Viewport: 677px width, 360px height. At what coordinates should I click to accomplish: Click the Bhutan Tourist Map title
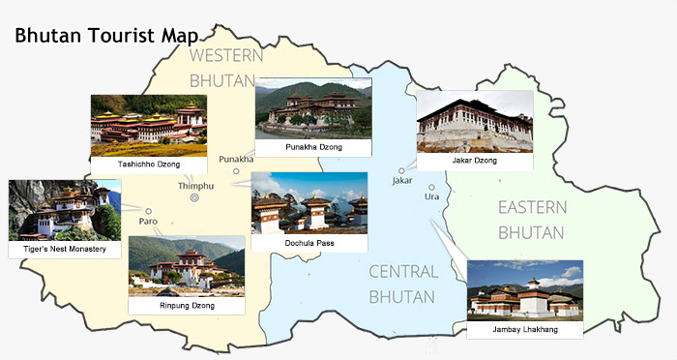point(107,36)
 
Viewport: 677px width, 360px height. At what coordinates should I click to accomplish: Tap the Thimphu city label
point(195,185)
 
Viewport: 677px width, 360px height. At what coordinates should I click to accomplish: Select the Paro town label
point(148,222)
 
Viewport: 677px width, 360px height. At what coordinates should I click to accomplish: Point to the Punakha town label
point(236,159)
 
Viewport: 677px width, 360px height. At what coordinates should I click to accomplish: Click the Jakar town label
point(402,181)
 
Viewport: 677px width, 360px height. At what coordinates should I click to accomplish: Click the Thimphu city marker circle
point(195,198)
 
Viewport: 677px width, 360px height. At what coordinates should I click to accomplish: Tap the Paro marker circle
point(148,210)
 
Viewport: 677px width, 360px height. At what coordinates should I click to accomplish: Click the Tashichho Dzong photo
point(148,125)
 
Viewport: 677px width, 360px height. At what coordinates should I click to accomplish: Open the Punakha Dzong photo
point(313,108)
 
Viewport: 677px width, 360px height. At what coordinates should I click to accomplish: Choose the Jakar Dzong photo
point(474,121)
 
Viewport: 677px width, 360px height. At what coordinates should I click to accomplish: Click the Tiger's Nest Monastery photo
point(64,210)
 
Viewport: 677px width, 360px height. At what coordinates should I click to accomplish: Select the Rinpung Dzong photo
point(186,266)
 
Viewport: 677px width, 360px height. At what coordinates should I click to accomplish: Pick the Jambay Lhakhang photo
point(524,289)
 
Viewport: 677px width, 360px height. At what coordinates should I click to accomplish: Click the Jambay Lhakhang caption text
point(524,330)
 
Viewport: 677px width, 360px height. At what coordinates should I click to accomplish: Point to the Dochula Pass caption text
point(309,243)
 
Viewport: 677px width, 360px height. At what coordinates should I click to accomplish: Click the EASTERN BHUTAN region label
point(531,220)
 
